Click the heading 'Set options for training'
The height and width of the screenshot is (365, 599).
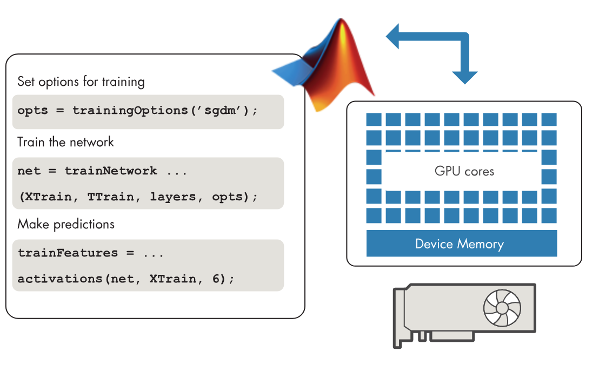[x=81, y=82]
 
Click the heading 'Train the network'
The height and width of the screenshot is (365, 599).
[x=65, y=142]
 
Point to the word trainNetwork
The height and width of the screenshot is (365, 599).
[x=111, y=171]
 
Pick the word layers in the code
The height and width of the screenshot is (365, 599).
[x=169, y=197]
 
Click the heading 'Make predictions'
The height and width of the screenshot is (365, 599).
[x=66, y=224]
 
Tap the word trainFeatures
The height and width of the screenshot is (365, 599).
[x=68, y=253]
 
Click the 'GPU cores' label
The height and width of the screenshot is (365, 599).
[x=464, y=172]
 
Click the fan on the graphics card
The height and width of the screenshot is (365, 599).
[x=502, y=308]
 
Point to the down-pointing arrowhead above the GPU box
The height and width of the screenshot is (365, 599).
[x=464, y=77]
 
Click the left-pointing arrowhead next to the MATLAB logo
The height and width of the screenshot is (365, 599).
[x=394, y=37]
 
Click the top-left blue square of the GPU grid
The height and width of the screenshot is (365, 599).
[x=374, y=119]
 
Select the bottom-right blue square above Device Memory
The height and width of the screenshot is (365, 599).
[x=549, y=215]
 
